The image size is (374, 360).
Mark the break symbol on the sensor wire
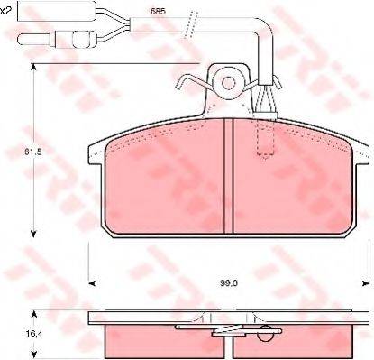pos(189,22)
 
